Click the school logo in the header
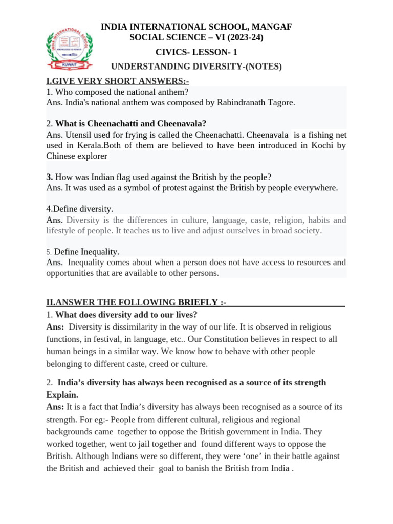coord(68,48)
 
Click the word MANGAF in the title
coord(270,27)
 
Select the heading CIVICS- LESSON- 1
coord(196,52)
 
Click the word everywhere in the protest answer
coord(312,188)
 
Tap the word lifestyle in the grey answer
coord(62,231)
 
